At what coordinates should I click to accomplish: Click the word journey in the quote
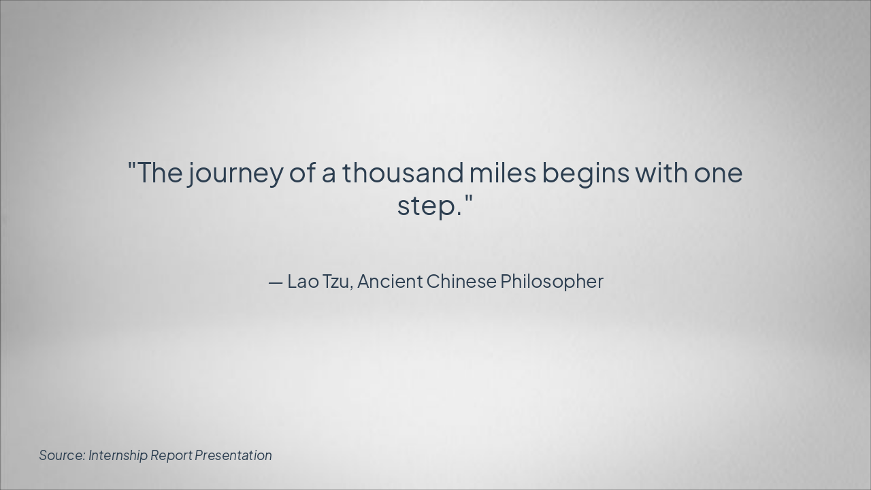pyautogui.click(x=235, y=174)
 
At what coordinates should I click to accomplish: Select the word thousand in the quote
pyautogui.click(x=403, y=172)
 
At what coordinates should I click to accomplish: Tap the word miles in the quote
pyautogui.click(x=503, y=172)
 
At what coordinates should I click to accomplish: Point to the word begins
pyautogui.click(x=586, y=174)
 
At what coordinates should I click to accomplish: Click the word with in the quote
pyautogui.click(x=662, y=172)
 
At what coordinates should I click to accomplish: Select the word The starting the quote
pyautogui.click(x=160, y=172)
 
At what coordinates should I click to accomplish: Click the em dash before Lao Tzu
pyautogui.click(x=276, y=283)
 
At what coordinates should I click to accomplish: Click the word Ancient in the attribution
pyautogui.click(x=390, y=281)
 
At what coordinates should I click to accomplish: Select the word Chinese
pyautogui.click(x=461, y=281)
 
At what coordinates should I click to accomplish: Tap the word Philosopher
pyautogui.click(x=552, y=282)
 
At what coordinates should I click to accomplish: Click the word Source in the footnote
pyautogui.click(x=62, y=455)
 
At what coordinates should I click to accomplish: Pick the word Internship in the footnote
pyautogui.click(x=118, y=456)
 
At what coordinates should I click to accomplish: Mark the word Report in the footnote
pyautogui.click(x=171, y=456)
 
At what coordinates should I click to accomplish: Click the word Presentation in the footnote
pyautogui.click(x=233, y=455)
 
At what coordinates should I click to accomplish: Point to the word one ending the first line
pyautogui.click(x=718, y=174)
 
